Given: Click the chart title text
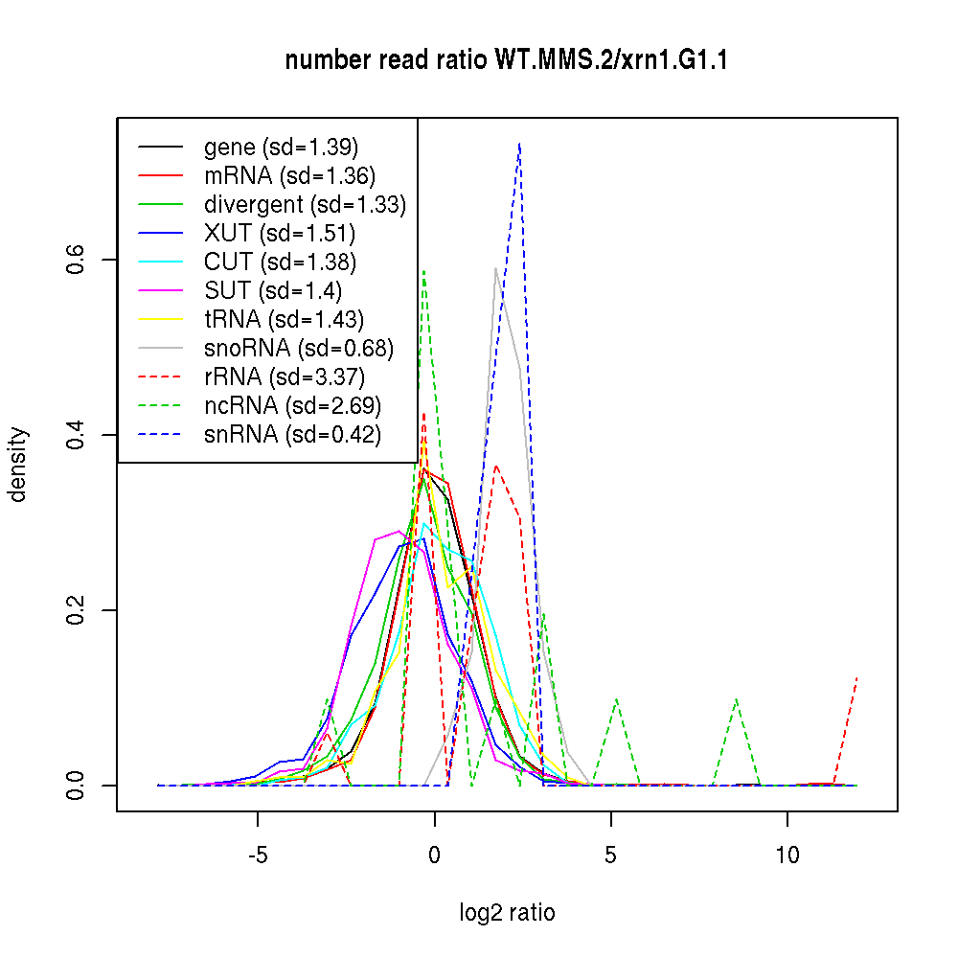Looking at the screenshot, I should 508,60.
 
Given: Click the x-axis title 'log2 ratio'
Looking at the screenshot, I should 507,913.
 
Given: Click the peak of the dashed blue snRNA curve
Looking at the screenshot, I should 519,143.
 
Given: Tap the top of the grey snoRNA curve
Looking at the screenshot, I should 495,268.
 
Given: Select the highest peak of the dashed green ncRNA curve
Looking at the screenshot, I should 423,270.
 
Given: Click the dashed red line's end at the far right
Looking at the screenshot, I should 856,677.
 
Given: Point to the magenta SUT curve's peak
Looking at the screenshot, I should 399,531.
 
